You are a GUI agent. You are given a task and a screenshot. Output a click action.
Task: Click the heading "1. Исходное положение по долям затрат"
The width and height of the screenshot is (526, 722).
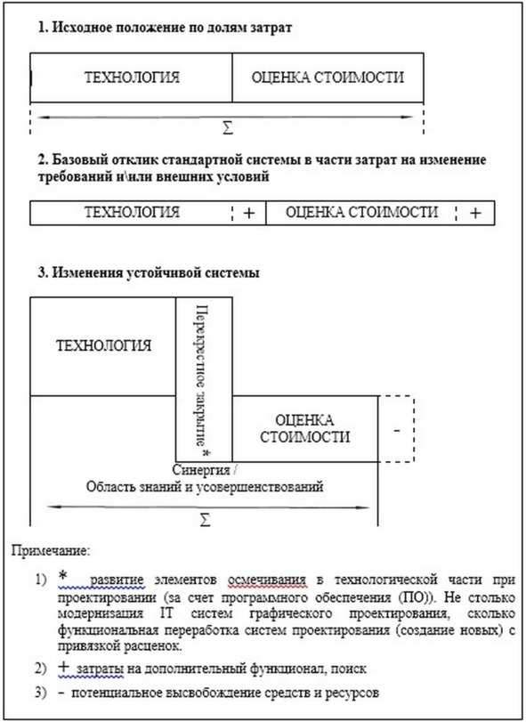tap(165, 28)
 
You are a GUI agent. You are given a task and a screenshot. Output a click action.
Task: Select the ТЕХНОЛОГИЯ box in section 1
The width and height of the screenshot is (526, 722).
tap(131, 77)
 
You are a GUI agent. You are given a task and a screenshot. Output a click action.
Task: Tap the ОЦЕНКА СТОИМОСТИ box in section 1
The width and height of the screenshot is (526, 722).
tap(328, 77)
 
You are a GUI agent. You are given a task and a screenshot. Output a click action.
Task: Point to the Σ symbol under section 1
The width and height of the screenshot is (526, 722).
tap(228, 128)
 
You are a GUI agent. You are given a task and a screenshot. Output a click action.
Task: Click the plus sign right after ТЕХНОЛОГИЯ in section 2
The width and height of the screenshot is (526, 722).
tap(248, 213)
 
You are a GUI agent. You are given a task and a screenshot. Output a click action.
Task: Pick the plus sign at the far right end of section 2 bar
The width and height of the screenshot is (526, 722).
tap(475, 213)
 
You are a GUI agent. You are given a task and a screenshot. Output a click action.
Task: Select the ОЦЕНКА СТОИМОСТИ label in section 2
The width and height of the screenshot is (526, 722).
tap(361, 212)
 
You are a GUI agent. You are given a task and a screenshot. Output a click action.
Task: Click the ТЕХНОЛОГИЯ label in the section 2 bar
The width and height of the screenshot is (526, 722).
tap(132, 212)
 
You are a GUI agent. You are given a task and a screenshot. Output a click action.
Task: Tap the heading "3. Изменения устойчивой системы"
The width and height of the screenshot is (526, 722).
tap(149, 272)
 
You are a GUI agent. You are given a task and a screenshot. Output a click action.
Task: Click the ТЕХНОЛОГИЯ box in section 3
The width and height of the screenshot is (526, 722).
tap(103, 346)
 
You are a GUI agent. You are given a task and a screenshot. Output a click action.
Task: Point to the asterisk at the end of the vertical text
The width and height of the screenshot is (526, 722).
tap(206, 452)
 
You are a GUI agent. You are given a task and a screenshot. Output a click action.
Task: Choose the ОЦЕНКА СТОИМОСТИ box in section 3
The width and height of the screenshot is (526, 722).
tap(304, 429)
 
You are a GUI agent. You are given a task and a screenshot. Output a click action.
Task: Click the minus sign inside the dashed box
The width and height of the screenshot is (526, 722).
tap(397, 431)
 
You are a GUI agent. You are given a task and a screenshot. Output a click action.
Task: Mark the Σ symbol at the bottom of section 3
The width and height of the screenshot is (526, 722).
tap(205, 520)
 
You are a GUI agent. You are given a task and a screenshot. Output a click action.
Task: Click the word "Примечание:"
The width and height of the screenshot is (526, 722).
tap(51, 551)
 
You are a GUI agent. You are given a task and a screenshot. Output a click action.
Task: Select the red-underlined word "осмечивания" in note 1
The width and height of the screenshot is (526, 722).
tap(267, 580)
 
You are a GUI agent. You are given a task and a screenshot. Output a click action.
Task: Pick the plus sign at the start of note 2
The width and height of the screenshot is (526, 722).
tap(63, 667)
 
